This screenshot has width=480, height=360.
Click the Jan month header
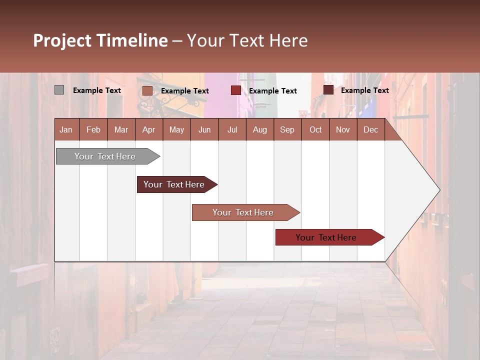(x=66, y=129)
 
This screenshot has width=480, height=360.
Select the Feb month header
(x=93, y=129)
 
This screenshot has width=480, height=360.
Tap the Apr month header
(x=149, y=129)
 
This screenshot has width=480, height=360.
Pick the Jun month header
(x=204, y=129)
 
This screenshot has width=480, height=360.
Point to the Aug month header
(x=260, y=129)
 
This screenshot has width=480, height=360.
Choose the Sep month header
(x=287, y=129)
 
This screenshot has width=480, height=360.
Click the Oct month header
(x=315, y=129)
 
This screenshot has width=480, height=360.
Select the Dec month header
(x=371, y=129)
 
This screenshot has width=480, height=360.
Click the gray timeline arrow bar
(x=105, y=156)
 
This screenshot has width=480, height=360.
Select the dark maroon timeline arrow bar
(x=174, y=184)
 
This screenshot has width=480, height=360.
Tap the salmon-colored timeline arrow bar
(x=243, y=212)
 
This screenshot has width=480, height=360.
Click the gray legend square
(x=59, y=90)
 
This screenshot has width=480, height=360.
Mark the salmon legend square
(x=147, y=90)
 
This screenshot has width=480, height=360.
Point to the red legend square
(x=236, y=90)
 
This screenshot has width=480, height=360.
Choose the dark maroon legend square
(x=328, y=90)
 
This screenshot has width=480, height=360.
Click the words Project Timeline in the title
(x=100, y=40)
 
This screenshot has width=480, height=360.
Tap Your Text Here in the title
(x=247, y=40)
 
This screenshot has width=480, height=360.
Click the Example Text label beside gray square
(x=97, y=90)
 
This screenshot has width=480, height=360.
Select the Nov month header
(x=343, y=129)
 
